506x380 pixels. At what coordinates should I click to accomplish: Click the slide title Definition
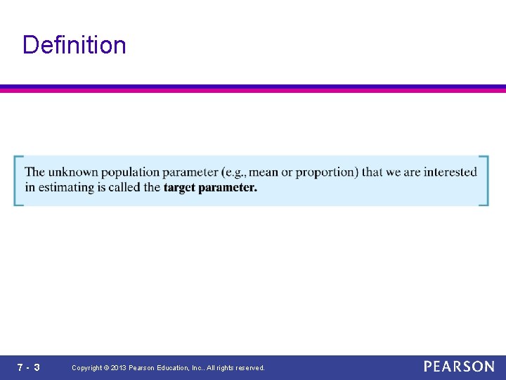pos(74,45)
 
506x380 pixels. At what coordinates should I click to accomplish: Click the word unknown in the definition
pos(72,172)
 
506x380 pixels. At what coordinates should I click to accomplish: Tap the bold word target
pos(179,188)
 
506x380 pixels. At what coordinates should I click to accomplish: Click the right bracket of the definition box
pos(485,181)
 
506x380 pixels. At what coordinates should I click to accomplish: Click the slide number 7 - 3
pos(28,367)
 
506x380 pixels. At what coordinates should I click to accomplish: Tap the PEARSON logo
pos(459,367)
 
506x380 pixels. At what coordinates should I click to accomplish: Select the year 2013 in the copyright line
pos(119,368)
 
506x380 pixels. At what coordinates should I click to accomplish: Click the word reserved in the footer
pos(250,368)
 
